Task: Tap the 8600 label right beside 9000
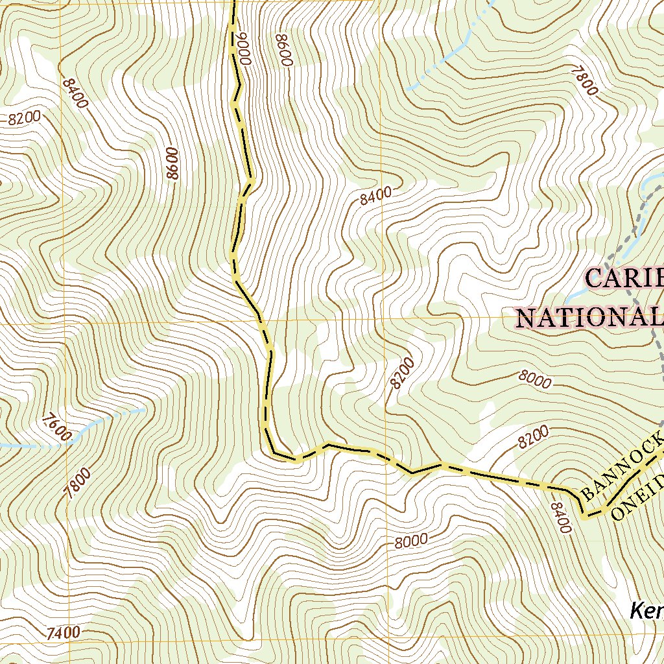[284, 49]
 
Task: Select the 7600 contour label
[55, 427]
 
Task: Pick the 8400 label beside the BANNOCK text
[562, 517]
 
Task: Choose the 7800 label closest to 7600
[78, 483]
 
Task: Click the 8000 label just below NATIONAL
[535, 379]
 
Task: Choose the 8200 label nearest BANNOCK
[533, 438]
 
